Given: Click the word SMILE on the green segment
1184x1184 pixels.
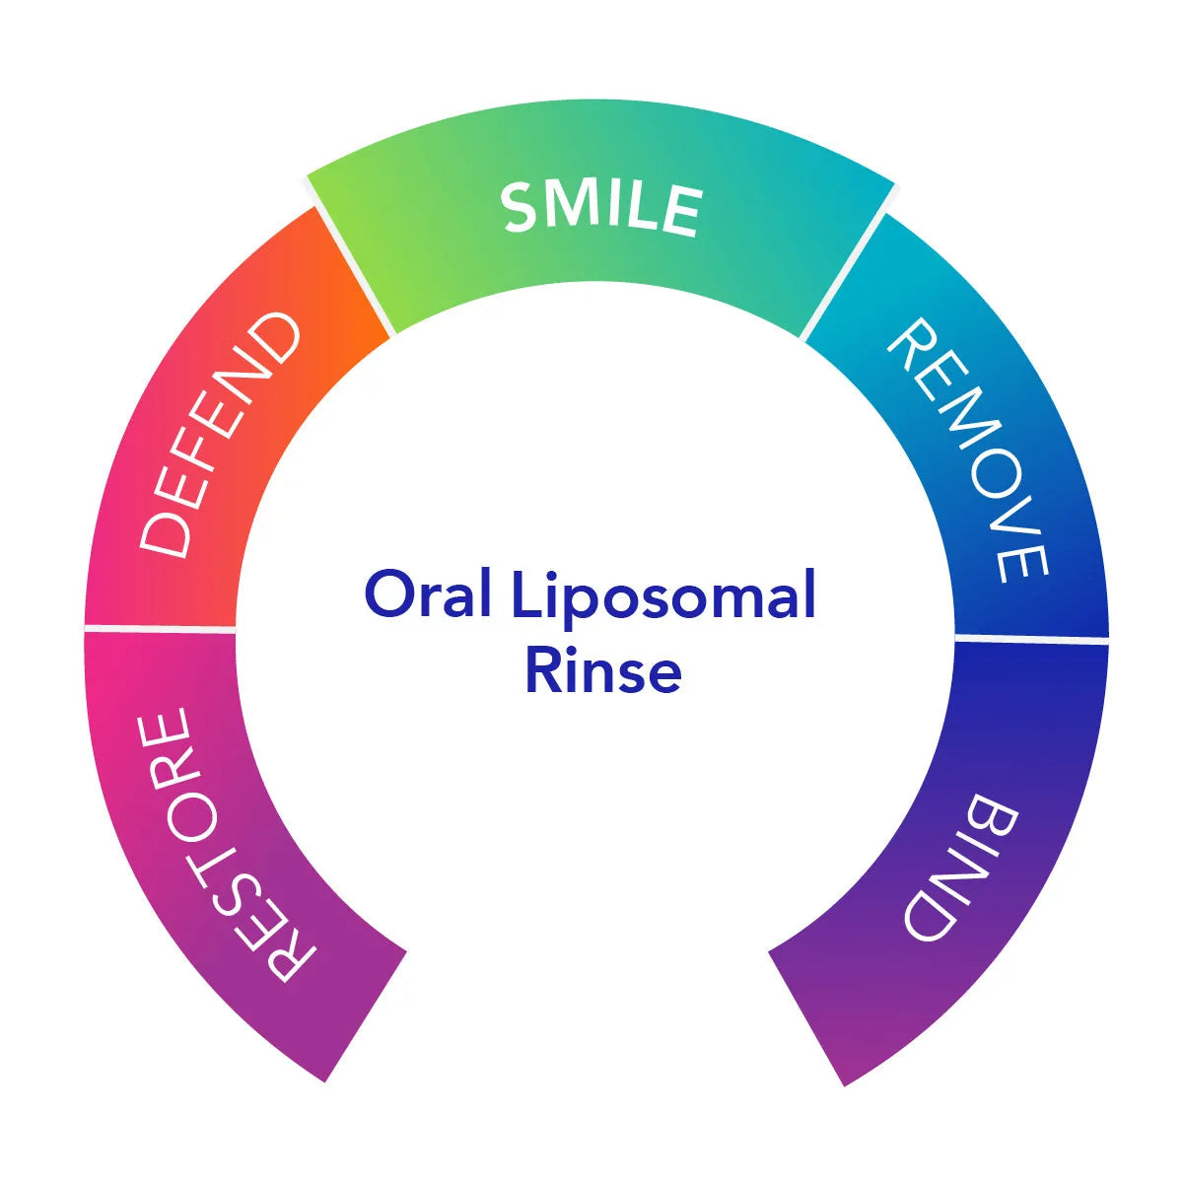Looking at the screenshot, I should (x=600, y=209).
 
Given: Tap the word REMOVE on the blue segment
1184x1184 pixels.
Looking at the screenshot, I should (x=967, y=449).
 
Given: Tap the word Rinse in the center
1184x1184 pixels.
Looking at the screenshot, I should (x=602, y=670).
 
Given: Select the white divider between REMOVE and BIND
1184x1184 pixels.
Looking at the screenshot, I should (x=1031, y=638).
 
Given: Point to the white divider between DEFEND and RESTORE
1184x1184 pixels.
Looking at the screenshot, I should (x=160, y=627).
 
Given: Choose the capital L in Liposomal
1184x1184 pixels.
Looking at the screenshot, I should (x=524, y=594).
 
